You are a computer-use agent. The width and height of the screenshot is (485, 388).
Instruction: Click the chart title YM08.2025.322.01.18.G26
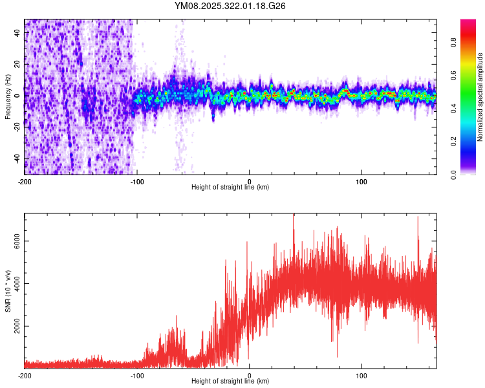tap(230, 6)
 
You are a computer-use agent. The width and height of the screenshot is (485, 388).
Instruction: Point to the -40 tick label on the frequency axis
tap(17, 158)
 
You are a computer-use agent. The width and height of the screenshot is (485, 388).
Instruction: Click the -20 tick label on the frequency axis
tap(17, 127)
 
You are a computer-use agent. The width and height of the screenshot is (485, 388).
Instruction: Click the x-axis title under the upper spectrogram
tap(230, 187)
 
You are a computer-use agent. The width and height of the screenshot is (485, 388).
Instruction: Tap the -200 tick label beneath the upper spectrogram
tap(25, 180)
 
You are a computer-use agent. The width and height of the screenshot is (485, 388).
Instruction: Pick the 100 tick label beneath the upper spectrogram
tap(362, 180)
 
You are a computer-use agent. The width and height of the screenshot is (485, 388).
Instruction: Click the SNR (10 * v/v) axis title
tap(8, 290)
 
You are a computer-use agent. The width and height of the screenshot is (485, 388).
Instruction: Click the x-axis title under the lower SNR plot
tap(230, 381)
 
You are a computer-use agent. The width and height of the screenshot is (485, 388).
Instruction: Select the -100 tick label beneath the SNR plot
tap(137, 374)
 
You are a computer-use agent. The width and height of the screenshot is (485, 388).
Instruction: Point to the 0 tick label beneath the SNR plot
tap(250, 374)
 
